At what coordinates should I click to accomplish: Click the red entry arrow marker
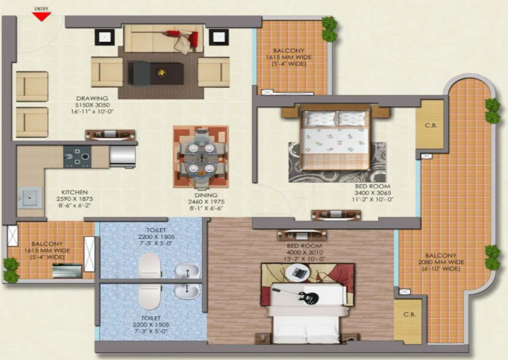42,16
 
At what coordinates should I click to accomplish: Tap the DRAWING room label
92,98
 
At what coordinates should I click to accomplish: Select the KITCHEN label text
75,192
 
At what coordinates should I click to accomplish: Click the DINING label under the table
206,195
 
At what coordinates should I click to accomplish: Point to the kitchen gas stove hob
77,156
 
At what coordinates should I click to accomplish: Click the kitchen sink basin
29,197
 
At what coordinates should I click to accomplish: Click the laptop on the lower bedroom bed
298,273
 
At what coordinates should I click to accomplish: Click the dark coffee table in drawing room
156,73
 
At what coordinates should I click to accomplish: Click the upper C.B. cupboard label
431,126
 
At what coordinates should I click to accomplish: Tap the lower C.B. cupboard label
409,315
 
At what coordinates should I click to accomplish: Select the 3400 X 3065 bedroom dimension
372,193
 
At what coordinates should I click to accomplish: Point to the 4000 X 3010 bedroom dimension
304,252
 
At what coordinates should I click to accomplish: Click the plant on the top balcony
330,28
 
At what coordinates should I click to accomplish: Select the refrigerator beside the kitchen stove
122,157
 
